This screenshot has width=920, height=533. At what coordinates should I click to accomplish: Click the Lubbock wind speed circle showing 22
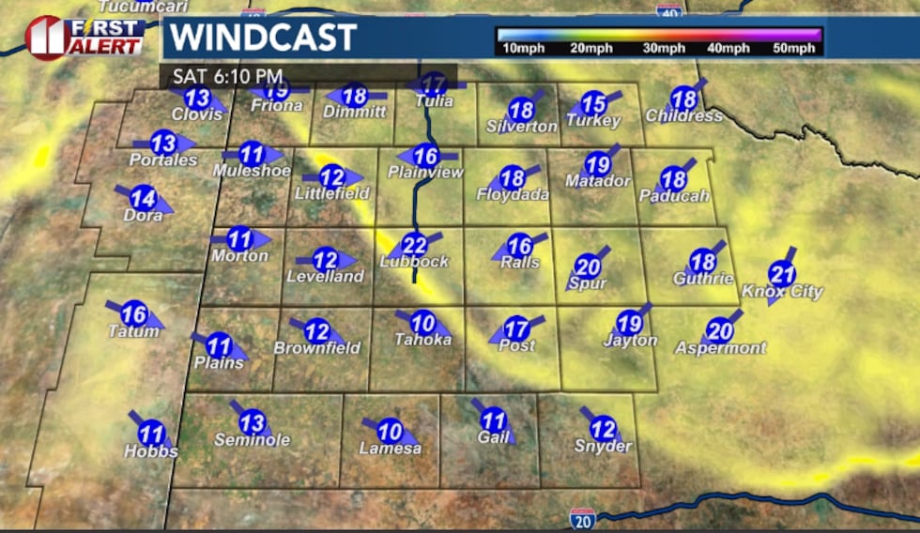(x=415, y=245)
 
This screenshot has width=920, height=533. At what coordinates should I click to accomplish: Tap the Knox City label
(x=782, y=292)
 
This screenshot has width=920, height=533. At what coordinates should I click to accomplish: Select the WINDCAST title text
(x=263, y=38)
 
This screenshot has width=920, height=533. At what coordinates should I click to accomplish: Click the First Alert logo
(x=84, y=38)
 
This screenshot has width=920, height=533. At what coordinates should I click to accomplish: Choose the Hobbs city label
(x=151, y=451)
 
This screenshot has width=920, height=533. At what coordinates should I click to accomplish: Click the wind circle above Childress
(x=684, y=98)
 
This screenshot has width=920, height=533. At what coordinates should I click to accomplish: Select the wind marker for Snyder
(x=603, y=428)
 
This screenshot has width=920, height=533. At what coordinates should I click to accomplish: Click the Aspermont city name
(x=720, y=348)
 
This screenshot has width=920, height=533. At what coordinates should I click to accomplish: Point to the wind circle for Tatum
(x=134, y=314)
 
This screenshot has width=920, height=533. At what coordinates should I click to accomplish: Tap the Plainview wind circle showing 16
(x=426, y=156)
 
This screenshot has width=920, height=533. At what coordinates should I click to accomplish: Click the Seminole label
(x=252, y=440)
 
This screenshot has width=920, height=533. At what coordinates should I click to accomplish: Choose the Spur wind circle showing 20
(x=588, y=266)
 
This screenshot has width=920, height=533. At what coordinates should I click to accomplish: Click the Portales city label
(x=163, y=160)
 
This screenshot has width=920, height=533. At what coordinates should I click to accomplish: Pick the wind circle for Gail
(x=494, y=421)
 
